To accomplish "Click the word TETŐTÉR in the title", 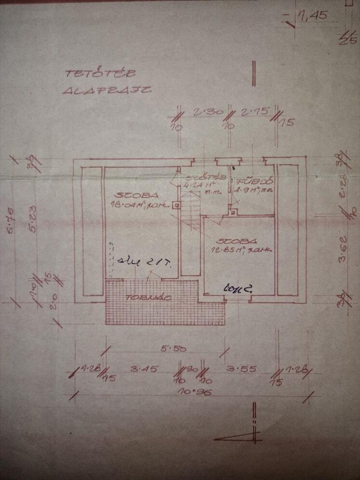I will (100, 73).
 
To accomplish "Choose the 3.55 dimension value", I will (239, 369).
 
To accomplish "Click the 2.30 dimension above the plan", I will (203, 113).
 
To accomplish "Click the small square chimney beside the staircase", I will (177, 205).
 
